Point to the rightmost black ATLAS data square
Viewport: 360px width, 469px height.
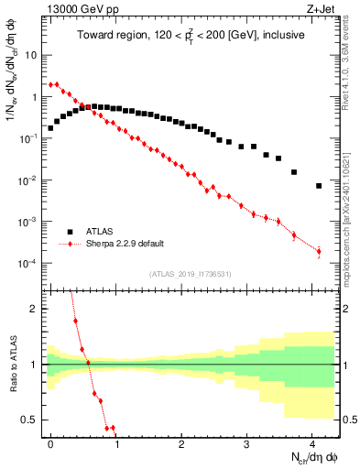319,186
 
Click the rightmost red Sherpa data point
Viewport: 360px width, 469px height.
319,251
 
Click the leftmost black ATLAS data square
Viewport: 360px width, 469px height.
51,128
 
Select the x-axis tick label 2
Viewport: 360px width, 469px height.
181,442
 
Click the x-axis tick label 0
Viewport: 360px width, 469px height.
51,442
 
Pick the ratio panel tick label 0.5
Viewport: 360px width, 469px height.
32,420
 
